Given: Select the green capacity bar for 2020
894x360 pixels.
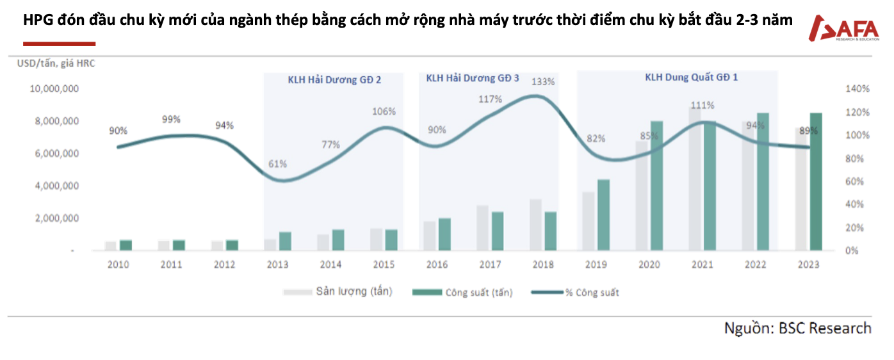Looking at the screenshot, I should [657, 186].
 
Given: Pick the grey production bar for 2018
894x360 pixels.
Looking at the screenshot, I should [536, 225].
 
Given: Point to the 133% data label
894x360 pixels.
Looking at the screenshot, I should [543, 81].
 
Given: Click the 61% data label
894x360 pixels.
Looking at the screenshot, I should [277, 163].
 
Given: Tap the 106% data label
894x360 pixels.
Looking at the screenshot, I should [384, 111].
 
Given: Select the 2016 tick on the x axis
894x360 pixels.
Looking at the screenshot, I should [437, 265].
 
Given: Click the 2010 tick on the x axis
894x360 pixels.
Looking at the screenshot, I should [118, 265].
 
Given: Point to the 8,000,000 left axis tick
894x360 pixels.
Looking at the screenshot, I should [54, 121].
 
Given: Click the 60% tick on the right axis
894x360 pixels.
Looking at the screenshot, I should [854, 181].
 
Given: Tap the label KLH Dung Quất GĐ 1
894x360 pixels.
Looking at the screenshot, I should [691, 78].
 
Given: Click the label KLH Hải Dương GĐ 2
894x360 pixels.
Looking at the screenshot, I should [334, 79].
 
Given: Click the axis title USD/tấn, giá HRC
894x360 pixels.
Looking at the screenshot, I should [56, 63].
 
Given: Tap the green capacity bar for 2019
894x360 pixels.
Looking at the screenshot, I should [604, 215].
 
